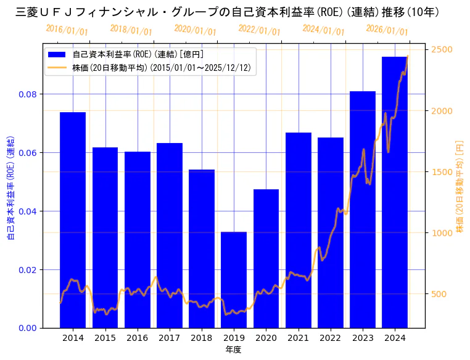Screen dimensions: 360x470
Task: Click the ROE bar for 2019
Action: (234, 280)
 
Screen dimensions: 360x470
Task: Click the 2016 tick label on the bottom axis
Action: (137, 338)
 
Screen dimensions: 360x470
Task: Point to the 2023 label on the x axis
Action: (363, 338)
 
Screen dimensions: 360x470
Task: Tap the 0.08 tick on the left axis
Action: (28, 94)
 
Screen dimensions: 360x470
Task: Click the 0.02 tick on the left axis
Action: (28, 270)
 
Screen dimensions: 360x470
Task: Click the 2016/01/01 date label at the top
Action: (67, 30)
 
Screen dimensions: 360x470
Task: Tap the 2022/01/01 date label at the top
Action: (259, 30)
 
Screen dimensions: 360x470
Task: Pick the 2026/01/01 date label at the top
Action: (387, 30)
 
